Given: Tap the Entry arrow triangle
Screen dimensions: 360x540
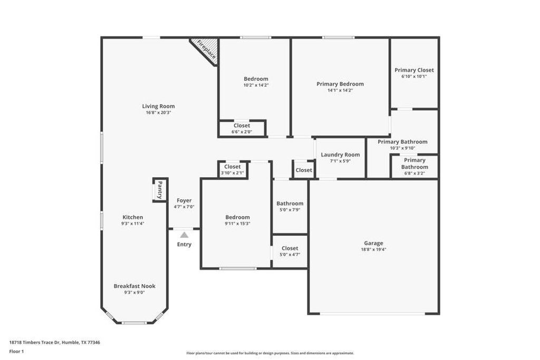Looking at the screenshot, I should pyautogui.click(x=184, y=235).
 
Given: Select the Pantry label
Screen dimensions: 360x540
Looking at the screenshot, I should pyautogui.click(x=160, y=190).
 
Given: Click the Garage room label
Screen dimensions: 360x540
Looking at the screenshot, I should pyautogui.click(x=373, y=243).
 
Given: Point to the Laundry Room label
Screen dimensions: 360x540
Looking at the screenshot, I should pyautogui.click(x=340, y=154).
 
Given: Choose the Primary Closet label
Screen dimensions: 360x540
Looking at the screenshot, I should pyautogui.click(x=414, y=70).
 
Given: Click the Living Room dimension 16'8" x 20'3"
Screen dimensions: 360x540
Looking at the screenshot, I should pyautogui.click(x=158, y=112).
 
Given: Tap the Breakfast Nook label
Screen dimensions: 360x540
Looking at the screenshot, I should pyautogui.click(x=134, y=286).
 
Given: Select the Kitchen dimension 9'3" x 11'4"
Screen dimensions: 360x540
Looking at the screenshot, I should pyautogui.click(x=132, y=223).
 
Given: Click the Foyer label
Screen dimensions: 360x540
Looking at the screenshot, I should pyautogui.click(x=184, y=200).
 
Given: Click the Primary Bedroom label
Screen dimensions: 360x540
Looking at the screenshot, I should pyautogui.click(x=340, y=84).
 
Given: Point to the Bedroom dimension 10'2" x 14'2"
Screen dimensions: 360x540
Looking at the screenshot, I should pyautogui.click(x=256, y=85).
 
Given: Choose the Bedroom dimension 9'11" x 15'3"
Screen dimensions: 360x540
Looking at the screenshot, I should pyautogui.click(x=237, y=223).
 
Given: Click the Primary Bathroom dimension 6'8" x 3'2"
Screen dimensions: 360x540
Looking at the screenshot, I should pyautogui.click(x=414, y=173).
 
